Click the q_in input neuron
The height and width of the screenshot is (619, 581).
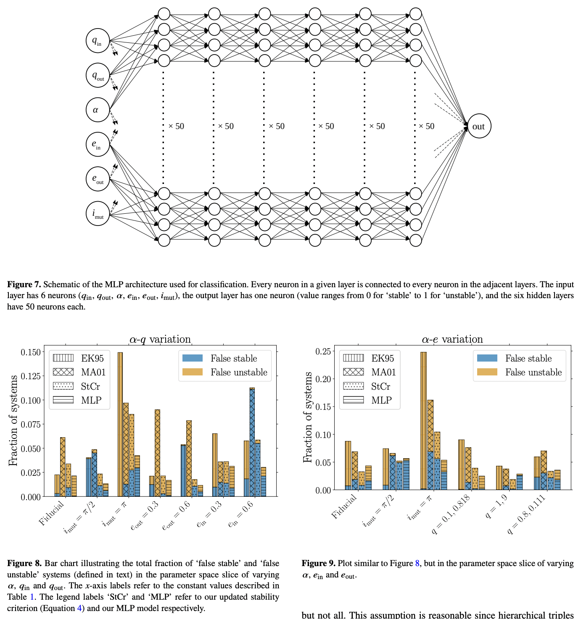(98, 41)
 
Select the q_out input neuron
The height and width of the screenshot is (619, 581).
(98, 75)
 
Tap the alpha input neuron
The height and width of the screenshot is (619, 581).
(98, 110)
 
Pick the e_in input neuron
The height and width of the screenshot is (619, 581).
(98, 144)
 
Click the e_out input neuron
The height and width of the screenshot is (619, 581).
(98, 179)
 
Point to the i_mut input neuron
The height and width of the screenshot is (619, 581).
(98, 213)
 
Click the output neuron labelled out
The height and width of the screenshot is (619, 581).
(479, 126)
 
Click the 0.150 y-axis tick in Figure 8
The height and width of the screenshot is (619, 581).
(31, 352)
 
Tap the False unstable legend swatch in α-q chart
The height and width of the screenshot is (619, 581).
(193, 372)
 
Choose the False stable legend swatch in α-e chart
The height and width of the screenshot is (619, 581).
(487, 358)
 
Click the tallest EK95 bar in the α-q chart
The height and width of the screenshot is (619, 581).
(120, 424)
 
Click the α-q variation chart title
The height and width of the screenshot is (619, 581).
(160, 339)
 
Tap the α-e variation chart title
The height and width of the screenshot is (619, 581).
(452, 339)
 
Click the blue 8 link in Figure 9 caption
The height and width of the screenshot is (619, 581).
(417, 563)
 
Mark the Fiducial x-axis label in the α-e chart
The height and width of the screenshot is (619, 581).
(344, 506)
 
